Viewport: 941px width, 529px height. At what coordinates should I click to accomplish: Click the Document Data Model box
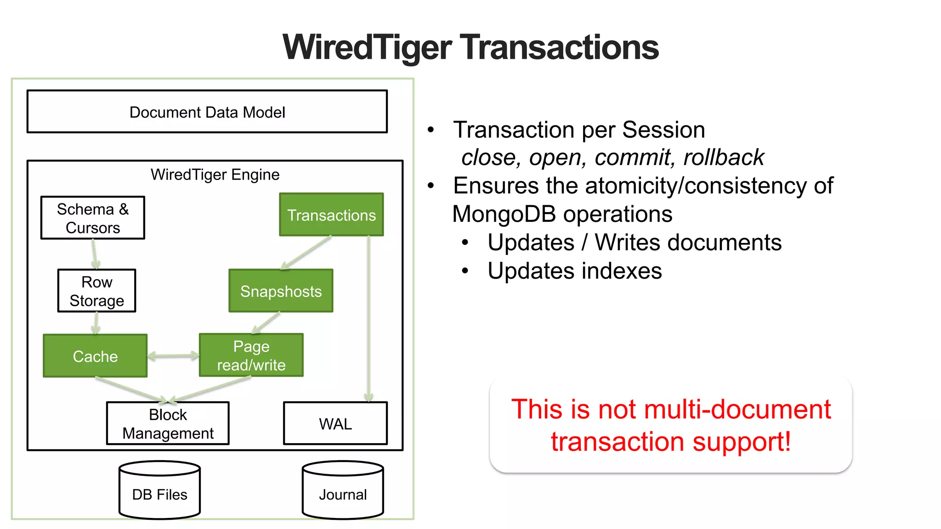pos(207,112)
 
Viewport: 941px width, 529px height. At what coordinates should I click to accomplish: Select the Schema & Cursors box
pos(92,218)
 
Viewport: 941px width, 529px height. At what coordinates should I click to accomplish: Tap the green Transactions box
pos(331,215)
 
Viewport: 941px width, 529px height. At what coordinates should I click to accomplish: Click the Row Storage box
pos(96,291)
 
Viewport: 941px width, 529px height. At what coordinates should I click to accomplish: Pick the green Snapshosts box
pos(281,291)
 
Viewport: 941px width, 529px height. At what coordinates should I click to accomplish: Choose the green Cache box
pos(95,356)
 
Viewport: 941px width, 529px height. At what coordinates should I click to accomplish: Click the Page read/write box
pos(251,355)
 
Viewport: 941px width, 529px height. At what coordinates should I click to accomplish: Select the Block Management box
pos(168,423)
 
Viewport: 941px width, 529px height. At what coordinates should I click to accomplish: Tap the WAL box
pos(335,423)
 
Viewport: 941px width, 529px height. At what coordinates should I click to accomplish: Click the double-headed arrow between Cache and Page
pos(173,355)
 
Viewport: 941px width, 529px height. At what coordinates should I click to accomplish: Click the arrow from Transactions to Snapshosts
pos(306,253)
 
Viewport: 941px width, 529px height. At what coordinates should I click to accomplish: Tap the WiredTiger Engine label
pos(215,174)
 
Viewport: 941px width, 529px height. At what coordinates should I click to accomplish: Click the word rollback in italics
pos(723,158)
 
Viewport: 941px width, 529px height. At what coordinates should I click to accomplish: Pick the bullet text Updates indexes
pos(574,271)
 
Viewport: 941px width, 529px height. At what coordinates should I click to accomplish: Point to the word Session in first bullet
pos(663,129)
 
